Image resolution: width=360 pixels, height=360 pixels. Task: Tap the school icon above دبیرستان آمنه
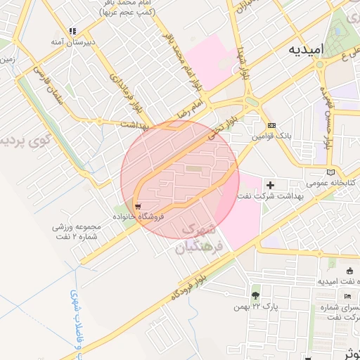point(72,31)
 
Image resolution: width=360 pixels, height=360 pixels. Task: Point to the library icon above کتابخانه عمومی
point(331,172)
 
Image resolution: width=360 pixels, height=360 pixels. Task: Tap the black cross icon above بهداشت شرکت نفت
point(271,185)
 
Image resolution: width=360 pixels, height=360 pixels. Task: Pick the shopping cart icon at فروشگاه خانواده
point(136,207)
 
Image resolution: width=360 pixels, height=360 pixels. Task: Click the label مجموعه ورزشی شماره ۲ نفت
point(77,231)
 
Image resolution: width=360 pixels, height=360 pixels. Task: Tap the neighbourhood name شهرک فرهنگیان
point(202,238)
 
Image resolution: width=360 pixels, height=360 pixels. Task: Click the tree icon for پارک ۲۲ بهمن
point(255,295)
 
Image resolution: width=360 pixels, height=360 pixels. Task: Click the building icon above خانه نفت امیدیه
point(350,271)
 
